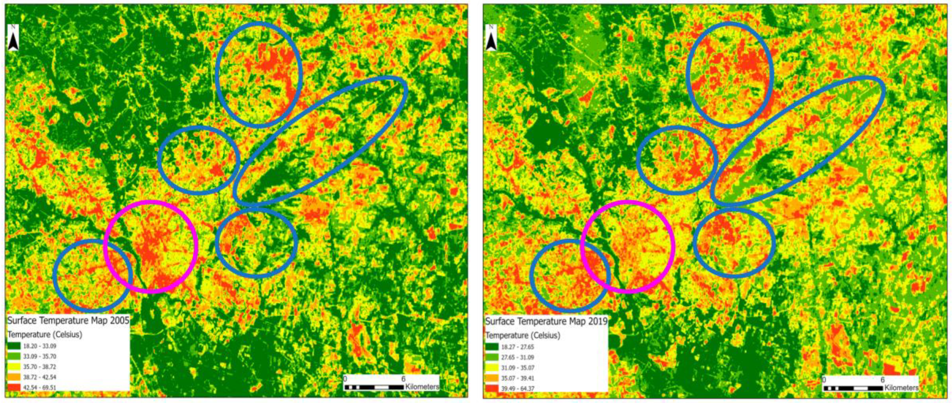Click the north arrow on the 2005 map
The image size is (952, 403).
[13, 38]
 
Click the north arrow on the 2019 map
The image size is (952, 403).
[492, 38]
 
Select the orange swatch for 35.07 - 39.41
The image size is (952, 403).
[493, 378]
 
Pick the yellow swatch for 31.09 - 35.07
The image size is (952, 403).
[493, 368]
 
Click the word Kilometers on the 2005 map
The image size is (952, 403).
[422, 387]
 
